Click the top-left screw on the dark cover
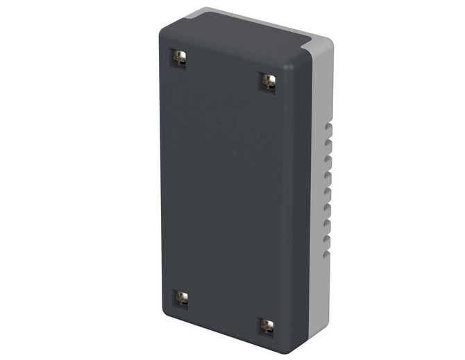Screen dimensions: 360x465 point(180,58)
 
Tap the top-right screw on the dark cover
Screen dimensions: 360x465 point(268,81)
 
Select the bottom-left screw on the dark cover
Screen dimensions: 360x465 point(181,298)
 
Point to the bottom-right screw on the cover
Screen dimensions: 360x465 point(267,325)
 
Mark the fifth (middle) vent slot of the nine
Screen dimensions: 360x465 point(327,192)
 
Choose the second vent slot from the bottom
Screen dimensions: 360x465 point(326,239)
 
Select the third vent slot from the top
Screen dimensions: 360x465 point(328,161)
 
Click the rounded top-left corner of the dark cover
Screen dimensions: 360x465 point(164,26)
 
